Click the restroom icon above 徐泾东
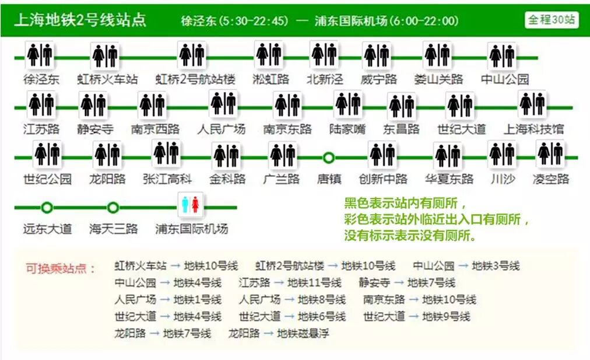click(x=40, y=55)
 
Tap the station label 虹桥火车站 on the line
click(x=107, y=79)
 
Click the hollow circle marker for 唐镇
click(x=329, y=158)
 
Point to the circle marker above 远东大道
click(x=47, y=207)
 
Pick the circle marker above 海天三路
click(x=113, y=207)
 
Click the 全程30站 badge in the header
click(x=551, y=19)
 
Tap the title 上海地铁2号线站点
click(x=79, y=20)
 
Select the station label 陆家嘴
click(x=347, y=129)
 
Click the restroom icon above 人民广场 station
click(x=223, y=104)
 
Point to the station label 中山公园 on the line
click(x=505, y=79)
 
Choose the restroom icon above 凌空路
click(x=550, y=153)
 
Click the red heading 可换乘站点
click(x=61, y=268)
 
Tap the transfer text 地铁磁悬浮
click(x=303, y=334)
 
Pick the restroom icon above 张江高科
click(x=166, y=153)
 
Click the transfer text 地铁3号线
click(x=496, y=266)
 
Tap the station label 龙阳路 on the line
click(x=107, y=179)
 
